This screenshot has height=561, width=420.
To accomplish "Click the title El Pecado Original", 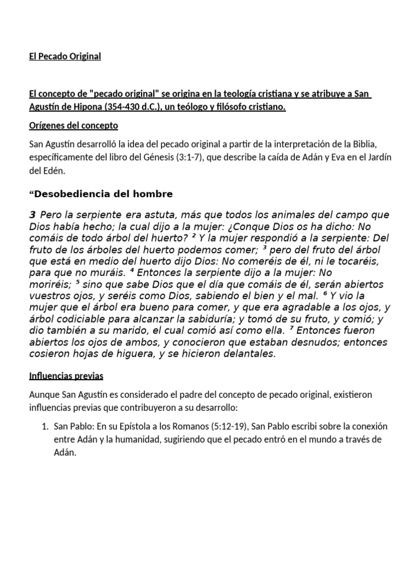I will click(x=65, y=56).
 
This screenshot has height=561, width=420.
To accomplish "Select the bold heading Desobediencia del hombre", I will click(x=104, y=194).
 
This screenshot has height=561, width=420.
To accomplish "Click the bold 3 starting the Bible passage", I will click(x=32, y=214).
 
